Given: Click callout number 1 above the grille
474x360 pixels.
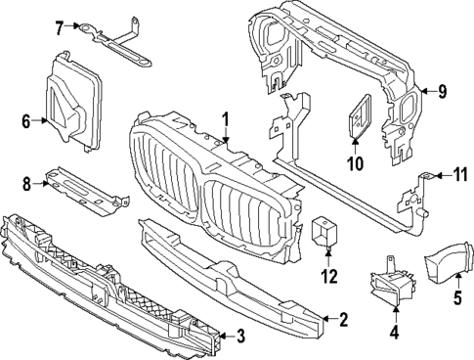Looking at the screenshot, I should [x=225, y=120].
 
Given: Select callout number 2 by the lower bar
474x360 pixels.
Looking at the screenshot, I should [x=343, y=319].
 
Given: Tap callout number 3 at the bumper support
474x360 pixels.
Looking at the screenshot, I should [x=241, y=336].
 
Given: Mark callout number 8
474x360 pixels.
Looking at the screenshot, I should [x=27, y=182].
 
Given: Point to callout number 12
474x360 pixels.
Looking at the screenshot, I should [x=328, y=277].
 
